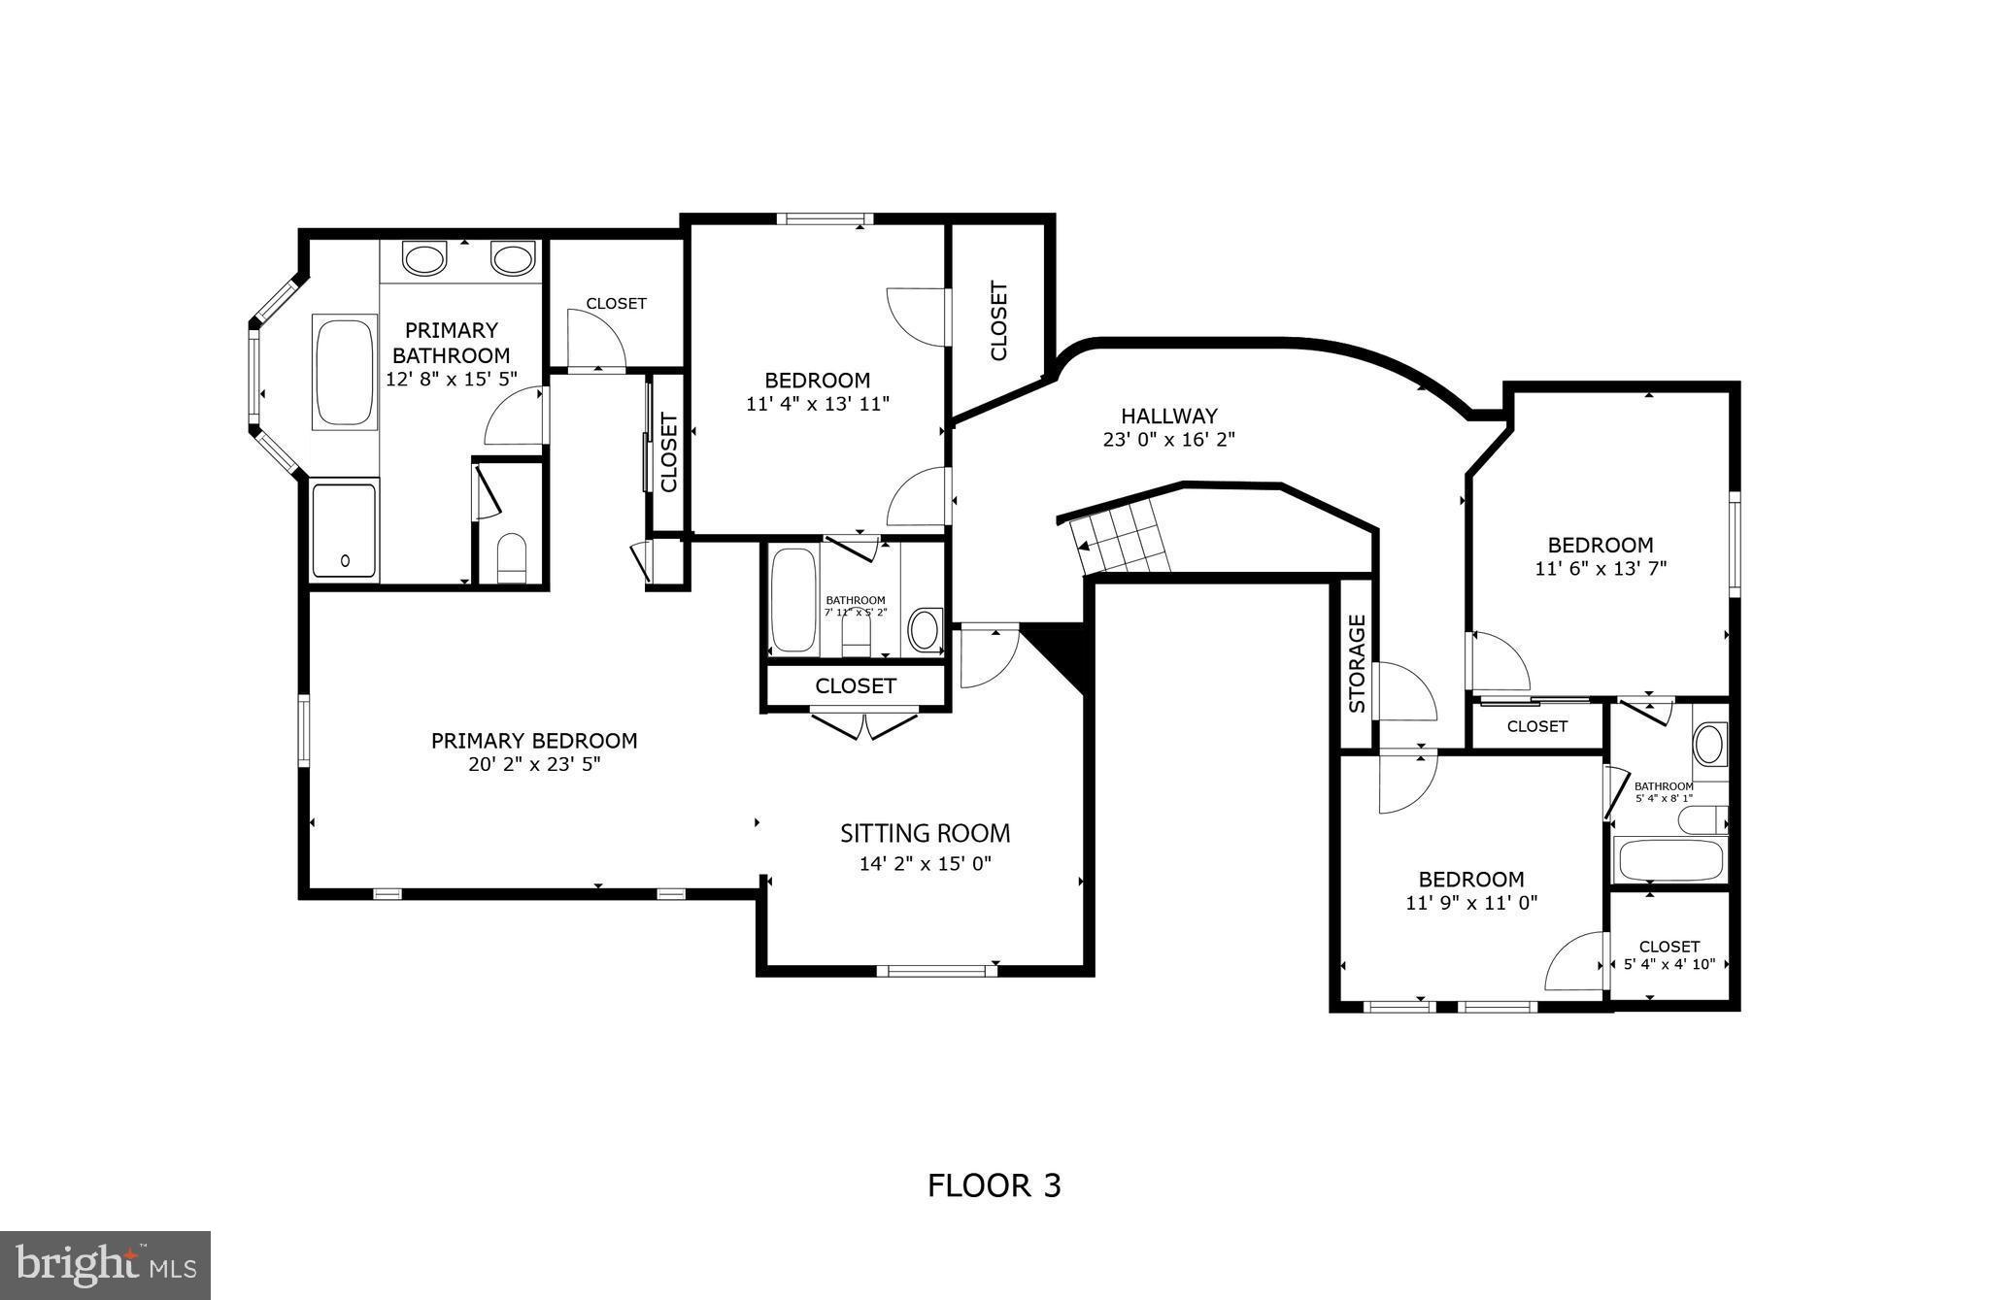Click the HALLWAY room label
(1168, 417)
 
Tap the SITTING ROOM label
(925, 833)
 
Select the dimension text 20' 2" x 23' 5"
(534, 764)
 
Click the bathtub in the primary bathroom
(345, 371)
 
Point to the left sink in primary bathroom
(423, 259)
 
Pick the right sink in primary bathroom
(512, 259)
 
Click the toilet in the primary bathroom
(511, 556)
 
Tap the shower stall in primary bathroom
(344, 530)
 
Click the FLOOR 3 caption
(994, 1185)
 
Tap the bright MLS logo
(106, 1265)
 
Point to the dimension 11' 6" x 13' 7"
(1600, 569)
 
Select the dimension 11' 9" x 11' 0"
(1470, 903)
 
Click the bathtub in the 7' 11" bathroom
(793, 599)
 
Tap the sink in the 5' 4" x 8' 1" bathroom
(1708, 745)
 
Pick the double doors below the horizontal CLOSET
(863, 724)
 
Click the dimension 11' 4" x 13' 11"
(817, 404)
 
